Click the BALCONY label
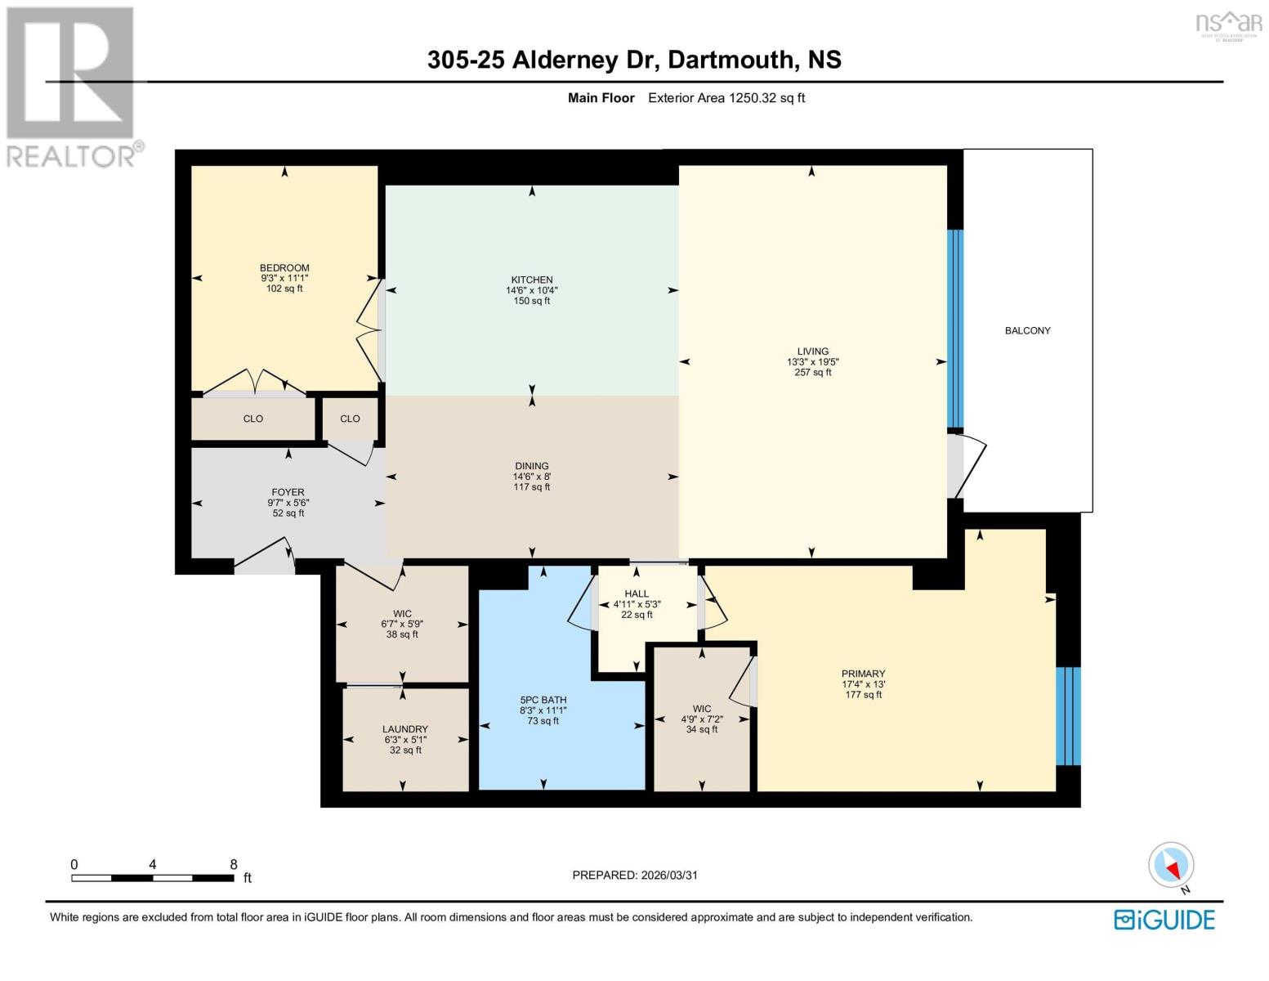pyautogui.click(x=1027, y=330)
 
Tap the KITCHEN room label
pyautogui.click(x=532, y=280)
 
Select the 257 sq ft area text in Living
pyautogui.click(x=812, y=373)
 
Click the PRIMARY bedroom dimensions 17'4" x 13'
pyautogui.click(x=864, y=684)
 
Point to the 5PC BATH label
pyautogui.click(x=543, y=700)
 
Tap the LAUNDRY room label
pyautogui.click(x=404, y=729)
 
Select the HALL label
pyautogui.click(x=637, y=594)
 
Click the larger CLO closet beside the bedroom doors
pyautogui.click(x=252, y=419)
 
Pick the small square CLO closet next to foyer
pyautogui.click(x=350, y=419)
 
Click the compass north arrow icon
pyautogui.click(x=1172, y=866)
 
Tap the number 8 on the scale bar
pyautogui.click(x=234, y=864)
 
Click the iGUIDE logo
pyautogui.click(x=1164, y=920)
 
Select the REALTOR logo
pyautogui.click(x=72, y=86)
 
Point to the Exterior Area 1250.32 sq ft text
pyautogui.click(x=726, y=98)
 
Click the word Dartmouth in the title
pyautogui.click(x=731, y=60)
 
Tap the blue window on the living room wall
pyautogui.click(x=954, y=329)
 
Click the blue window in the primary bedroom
pyautogui.click(x=1067, y=715)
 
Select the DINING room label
pyautogui.click(x=532, y=466)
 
